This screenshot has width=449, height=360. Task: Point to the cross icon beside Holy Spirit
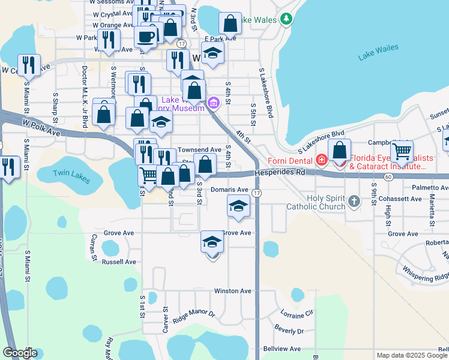pos(354,202)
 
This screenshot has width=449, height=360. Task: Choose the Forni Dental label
pos(293,160)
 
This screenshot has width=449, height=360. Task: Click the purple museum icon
pos(212,104)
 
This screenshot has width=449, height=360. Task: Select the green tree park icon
pos(286,19)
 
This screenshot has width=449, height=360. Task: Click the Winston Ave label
pos(233,291)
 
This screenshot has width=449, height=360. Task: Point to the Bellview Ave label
pos(282,349)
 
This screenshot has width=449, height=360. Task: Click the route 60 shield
pos(388,176)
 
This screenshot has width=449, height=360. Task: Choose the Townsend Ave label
pos(207,149)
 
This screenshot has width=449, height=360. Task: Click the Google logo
pos(20,353)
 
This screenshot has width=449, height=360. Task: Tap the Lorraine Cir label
pos(297,313)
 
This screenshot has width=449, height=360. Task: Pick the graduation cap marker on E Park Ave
pos(212,54)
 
